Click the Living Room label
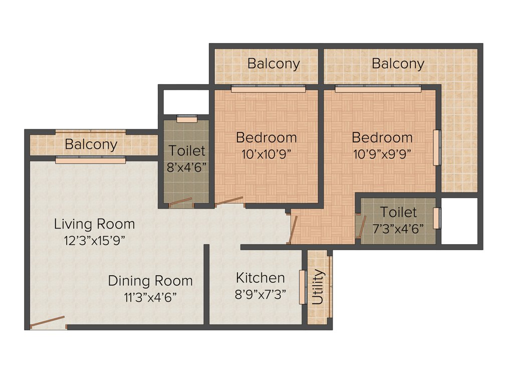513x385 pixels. [94, 224]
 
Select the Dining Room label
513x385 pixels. [150, 280]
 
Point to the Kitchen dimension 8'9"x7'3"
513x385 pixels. [260, 294]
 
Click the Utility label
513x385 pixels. [318, 287]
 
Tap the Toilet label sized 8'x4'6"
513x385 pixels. [186, 150]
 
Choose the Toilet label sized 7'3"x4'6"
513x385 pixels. [398, 212]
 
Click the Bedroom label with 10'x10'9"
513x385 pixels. [267, 137]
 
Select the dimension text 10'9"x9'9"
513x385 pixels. [382, 153]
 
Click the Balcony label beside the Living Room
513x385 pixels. [91, 144]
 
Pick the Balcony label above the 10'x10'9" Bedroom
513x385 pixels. [274, 64]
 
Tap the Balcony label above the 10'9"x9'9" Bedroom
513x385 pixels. [398, 64]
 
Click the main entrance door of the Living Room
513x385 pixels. [47, 322]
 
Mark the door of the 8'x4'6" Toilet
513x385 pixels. [180, 203]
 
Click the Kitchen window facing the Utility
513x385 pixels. [302, 287]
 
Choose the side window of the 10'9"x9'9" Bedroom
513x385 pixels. [437, 147]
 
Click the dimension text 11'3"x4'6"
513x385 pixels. [150, 296]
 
